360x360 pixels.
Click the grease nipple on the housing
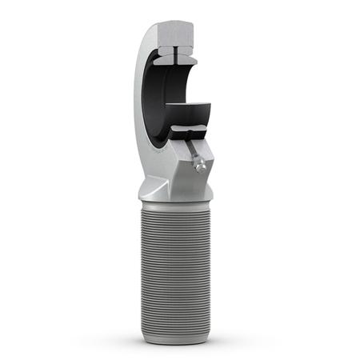(202, 165)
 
